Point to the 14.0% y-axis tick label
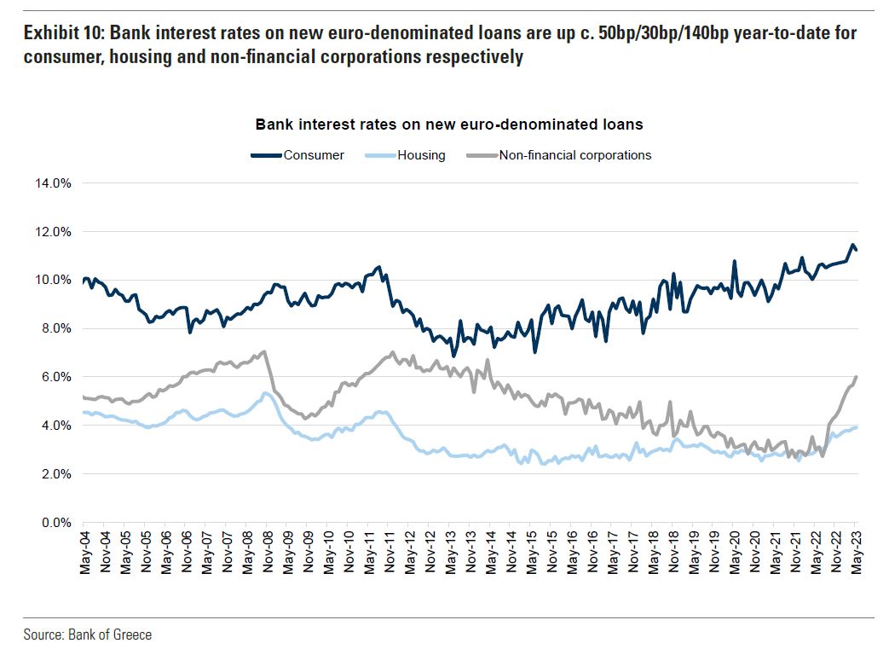tap(53, 183)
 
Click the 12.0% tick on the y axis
tap(53, 232)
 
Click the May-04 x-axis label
tap(84, 552)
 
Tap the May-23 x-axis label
tap(855, 552)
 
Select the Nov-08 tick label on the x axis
tap(266, 552)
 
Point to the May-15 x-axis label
tap(530, 552)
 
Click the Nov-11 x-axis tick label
tap(388, 552)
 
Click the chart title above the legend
tap(449, 125)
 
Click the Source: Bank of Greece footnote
tap(88, 635)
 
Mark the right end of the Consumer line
tap(856, 250)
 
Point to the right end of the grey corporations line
tap(856, 377)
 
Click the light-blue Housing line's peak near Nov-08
tap(265, 393)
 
